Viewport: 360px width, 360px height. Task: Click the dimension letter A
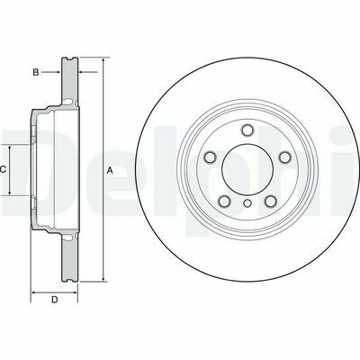coord(110,171)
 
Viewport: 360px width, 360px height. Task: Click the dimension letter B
coord(36,72)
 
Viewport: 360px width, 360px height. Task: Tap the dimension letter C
coord(3,170)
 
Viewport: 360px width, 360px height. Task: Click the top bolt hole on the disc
coord(247,130)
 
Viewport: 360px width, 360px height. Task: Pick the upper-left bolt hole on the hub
coord(210,157)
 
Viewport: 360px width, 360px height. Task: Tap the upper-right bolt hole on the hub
coord(285,157)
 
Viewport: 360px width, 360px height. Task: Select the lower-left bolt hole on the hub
coord(224,202)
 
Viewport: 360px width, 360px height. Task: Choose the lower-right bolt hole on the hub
coord(271,202)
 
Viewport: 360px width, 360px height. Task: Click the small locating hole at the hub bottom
coord(247,203)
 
